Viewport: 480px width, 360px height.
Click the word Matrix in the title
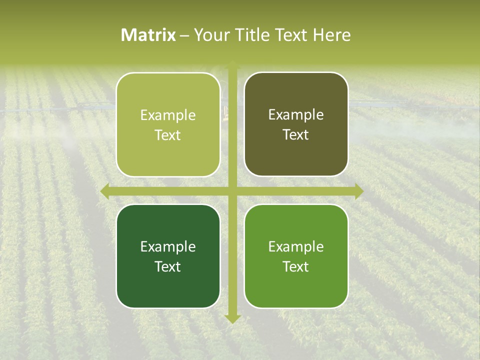click(x=148, y=35)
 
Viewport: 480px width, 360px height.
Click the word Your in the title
click(x=210, y=35)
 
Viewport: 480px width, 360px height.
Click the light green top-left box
click(x=168, y=124)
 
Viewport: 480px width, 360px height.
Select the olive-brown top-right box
click(x=296, y=124)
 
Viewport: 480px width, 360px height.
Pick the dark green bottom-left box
click(x=168, y=256)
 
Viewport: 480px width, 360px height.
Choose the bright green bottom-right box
click(x=296, y=256)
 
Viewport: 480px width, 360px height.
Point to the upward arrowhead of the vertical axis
click(x=232, y=64)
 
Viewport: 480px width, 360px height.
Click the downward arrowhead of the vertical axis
click(x=232, y=318)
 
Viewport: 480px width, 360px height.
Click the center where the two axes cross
click(x=232, y=191)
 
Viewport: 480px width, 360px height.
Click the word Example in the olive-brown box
click(x=296, y=115)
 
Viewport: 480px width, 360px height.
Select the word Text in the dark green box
click(x=167, y=266)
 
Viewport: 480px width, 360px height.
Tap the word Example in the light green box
click(x=168, y=115)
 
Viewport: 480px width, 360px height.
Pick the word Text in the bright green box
click(x=295, y=266)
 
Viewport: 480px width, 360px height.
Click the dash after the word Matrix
click(x=184, y=35)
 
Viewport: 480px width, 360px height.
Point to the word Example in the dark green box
click(x=168, y=246)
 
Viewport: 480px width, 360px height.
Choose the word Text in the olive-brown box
click(x=295, y=135)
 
